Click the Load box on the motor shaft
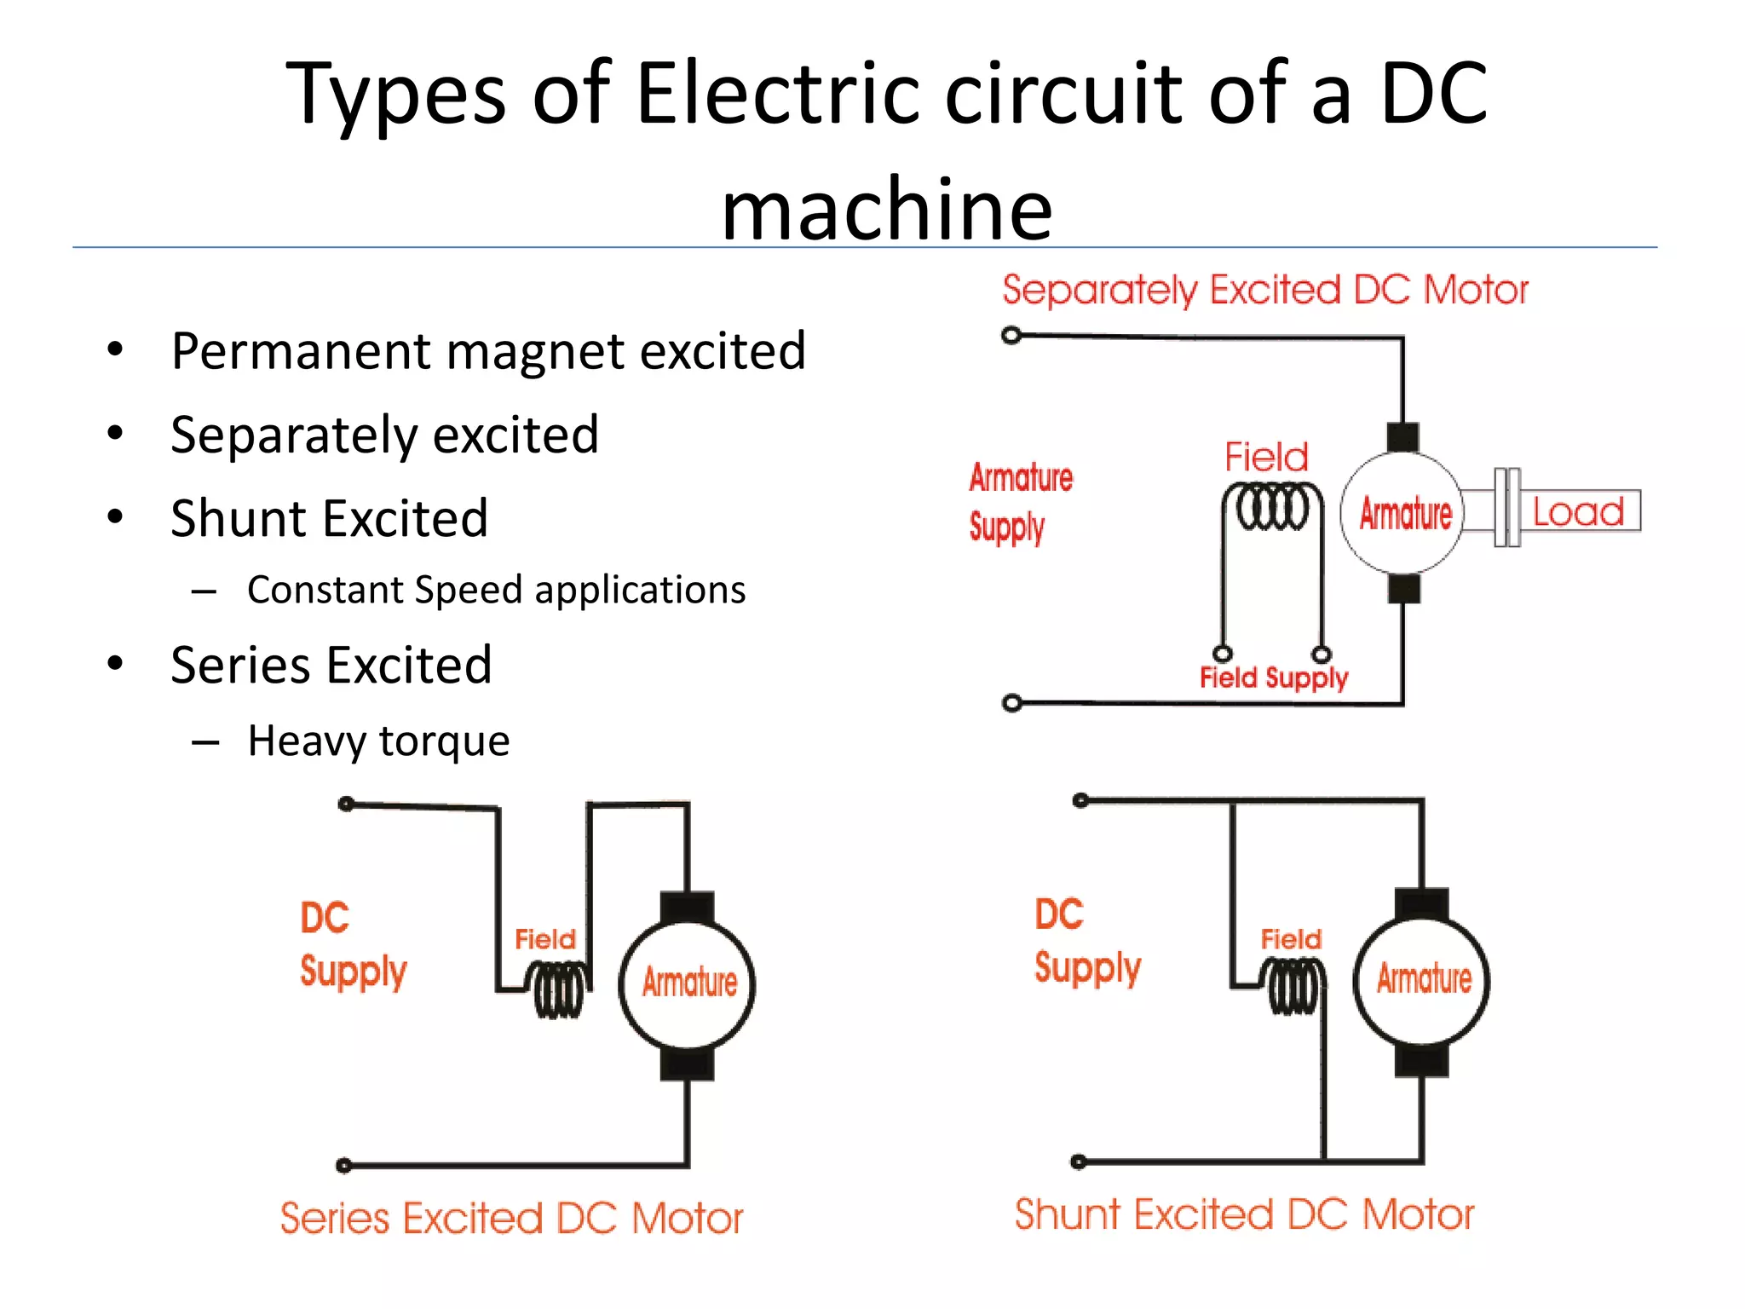(x=1579, y=511)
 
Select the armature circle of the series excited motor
(x=688, y=984)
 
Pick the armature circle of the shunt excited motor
(x=1422, y=980)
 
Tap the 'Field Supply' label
(x=1273, y=678)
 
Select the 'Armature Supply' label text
(x=1019, y=503)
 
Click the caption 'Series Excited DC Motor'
(x=511, y=1218)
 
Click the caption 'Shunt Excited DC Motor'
(x=1244, y=1214)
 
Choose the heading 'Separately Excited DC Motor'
(x=1265, y=290)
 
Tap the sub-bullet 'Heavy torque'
(x=378, y=740)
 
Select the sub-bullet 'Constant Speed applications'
(x=496, y=590)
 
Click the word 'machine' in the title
(x=886, y=209)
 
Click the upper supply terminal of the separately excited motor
(x=1011, y=335)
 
